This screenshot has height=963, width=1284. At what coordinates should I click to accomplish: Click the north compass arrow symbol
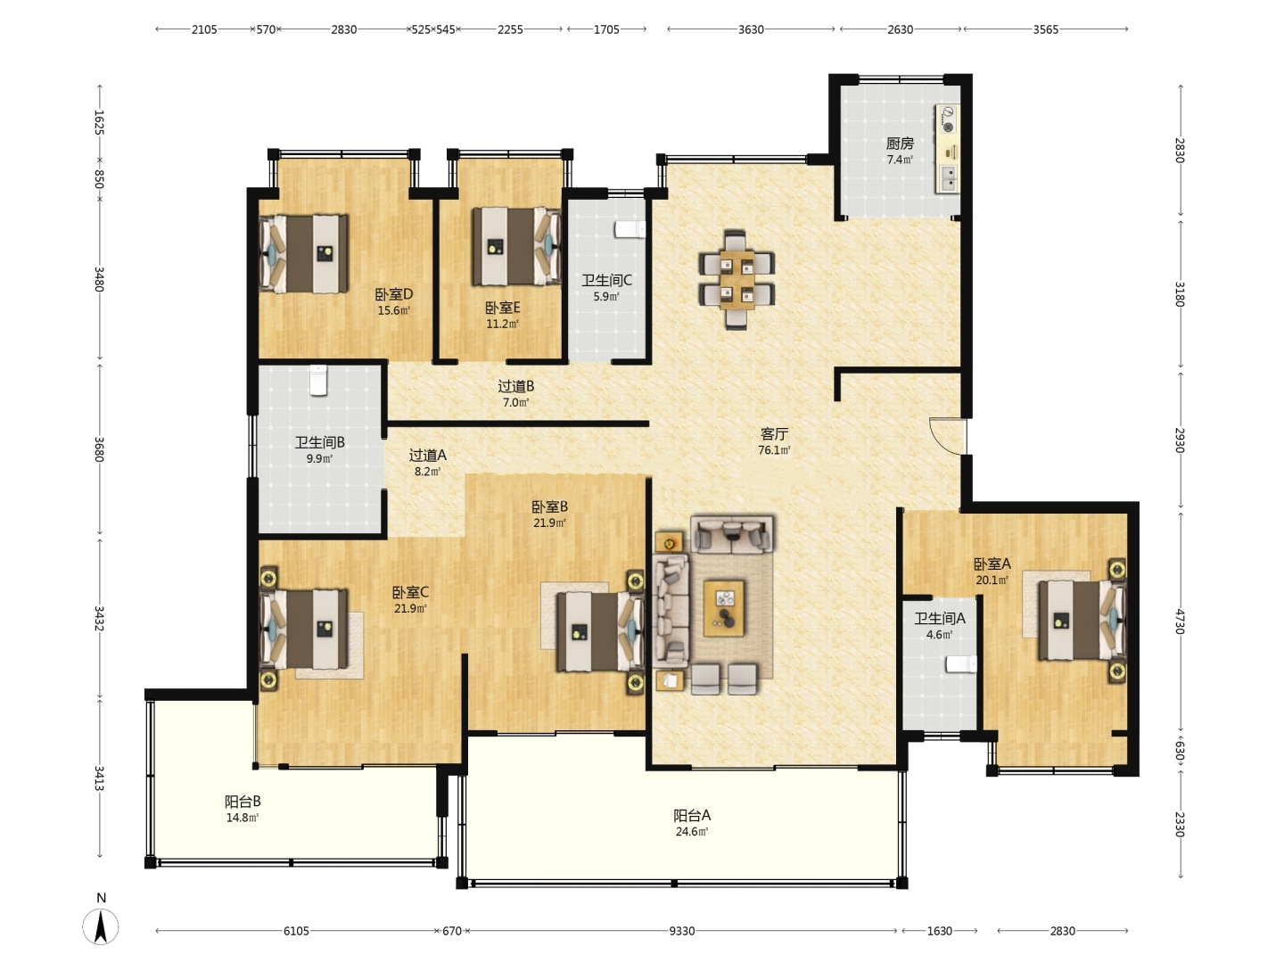click(x=101, y=926)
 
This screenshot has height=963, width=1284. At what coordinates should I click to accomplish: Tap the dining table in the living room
click(x=737, y=279)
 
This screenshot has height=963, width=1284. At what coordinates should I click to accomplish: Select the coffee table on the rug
click(x=724, y=608)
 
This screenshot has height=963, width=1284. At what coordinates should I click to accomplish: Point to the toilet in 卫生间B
click(x=318, y=380)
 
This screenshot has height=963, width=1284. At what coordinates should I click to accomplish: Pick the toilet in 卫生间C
click(x=630, y=229)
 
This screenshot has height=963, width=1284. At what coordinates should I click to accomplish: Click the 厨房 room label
click(x=900, y=144)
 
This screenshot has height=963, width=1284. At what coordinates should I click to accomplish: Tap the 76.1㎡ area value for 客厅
click(x=774, y=450)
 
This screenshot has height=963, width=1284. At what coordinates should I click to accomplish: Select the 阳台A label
click(x=692, y=815)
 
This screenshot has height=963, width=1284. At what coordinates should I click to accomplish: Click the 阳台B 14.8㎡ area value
click(x=243, y=818)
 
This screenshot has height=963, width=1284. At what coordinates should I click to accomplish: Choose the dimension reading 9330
click(x=681, y=931)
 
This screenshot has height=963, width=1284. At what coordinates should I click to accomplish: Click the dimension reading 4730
click(x=1180, y=621)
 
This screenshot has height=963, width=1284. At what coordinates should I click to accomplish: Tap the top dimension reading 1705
click(x=606, y=29)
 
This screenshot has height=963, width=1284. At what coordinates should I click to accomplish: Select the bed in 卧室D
click(x=303, y=254)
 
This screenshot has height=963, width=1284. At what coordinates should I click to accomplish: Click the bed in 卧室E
click(x=516, y=247)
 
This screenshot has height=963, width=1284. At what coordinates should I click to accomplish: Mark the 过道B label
click(x=516, y=386)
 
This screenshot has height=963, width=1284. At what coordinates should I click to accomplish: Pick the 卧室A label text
click(x=992, y=564)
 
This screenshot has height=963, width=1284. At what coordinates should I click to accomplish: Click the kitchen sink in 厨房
click(x=948, y=178)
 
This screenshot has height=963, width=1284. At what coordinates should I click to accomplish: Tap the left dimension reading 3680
click(x=100, y=449)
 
